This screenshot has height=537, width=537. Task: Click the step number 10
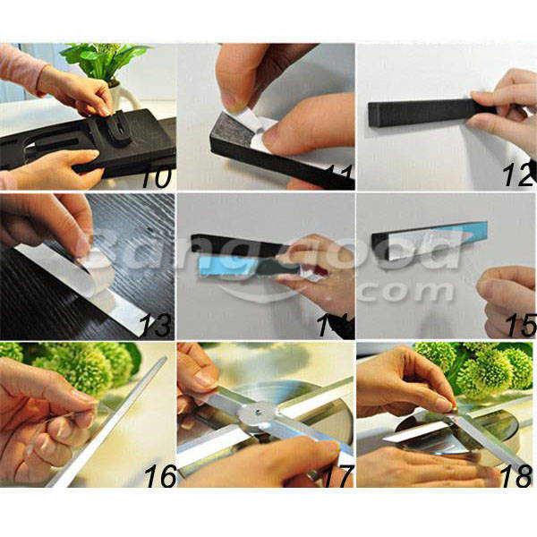156,177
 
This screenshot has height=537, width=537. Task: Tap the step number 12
519,175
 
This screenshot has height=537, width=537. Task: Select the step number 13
156,326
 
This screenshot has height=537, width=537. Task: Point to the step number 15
521,326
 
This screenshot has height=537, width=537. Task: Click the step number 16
160,475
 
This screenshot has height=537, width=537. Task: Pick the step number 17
337,475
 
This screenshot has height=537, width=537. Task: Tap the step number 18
517,475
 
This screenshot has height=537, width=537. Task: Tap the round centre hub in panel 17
257,413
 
